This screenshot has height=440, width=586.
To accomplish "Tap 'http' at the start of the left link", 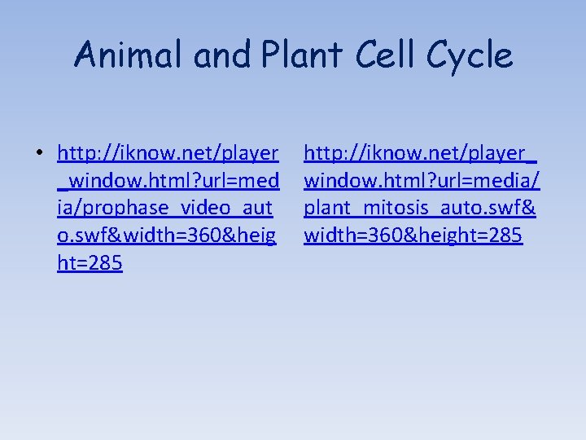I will point(76,152).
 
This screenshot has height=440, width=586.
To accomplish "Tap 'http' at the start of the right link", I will point(322,152).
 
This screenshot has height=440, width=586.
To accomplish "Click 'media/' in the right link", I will point(512,180).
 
